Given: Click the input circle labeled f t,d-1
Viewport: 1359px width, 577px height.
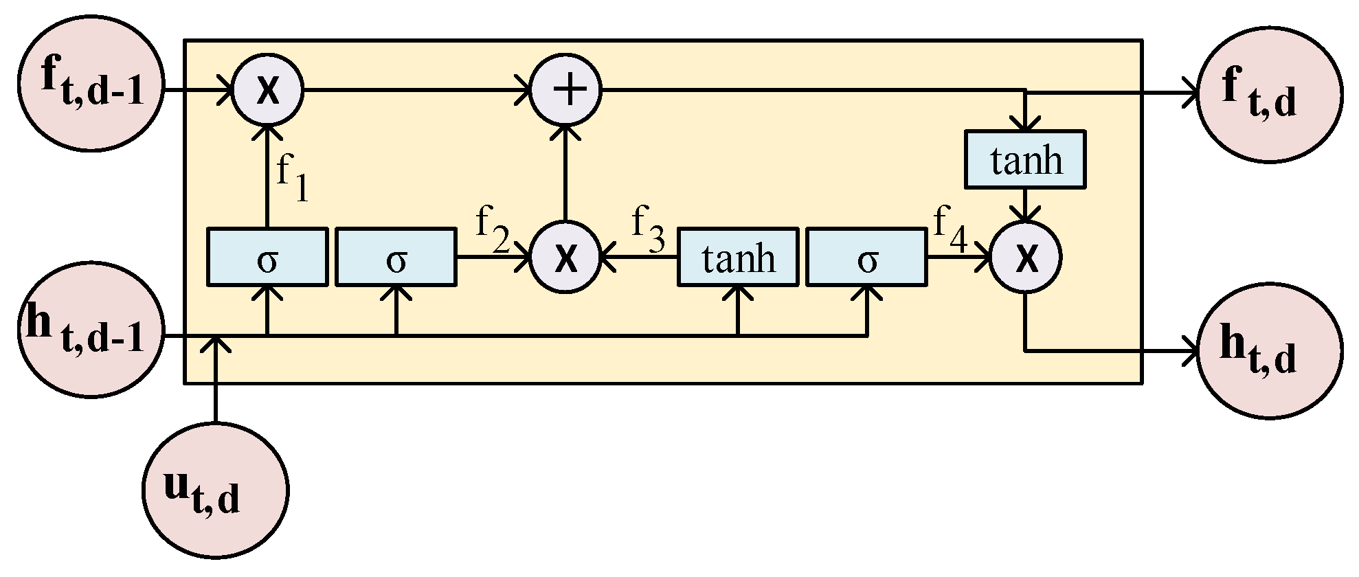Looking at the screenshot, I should [x=91, y=90].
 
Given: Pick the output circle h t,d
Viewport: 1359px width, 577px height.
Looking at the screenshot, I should [x=1269, y=351].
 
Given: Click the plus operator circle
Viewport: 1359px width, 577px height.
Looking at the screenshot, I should [x=565, y=90].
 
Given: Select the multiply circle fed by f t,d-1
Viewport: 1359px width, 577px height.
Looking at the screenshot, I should [x=267, y=90].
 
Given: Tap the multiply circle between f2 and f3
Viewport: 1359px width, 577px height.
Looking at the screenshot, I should [x=565, y=258].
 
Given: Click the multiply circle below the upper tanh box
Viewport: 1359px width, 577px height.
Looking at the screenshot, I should [x=1025, y=258].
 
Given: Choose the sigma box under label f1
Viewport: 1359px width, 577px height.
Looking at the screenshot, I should [x=267, y=258].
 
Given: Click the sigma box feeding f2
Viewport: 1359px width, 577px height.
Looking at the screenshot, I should [x=396, y=258].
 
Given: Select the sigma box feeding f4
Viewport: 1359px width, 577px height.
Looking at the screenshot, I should [x=866, y=258].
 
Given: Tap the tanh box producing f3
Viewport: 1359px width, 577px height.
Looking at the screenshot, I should [x=738, y=258].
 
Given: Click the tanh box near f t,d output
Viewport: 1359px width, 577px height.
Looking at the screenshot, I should [x=1025, y=159].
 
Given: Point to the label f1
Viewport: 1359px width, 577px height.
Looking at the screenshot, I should [x=292, y=177].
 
